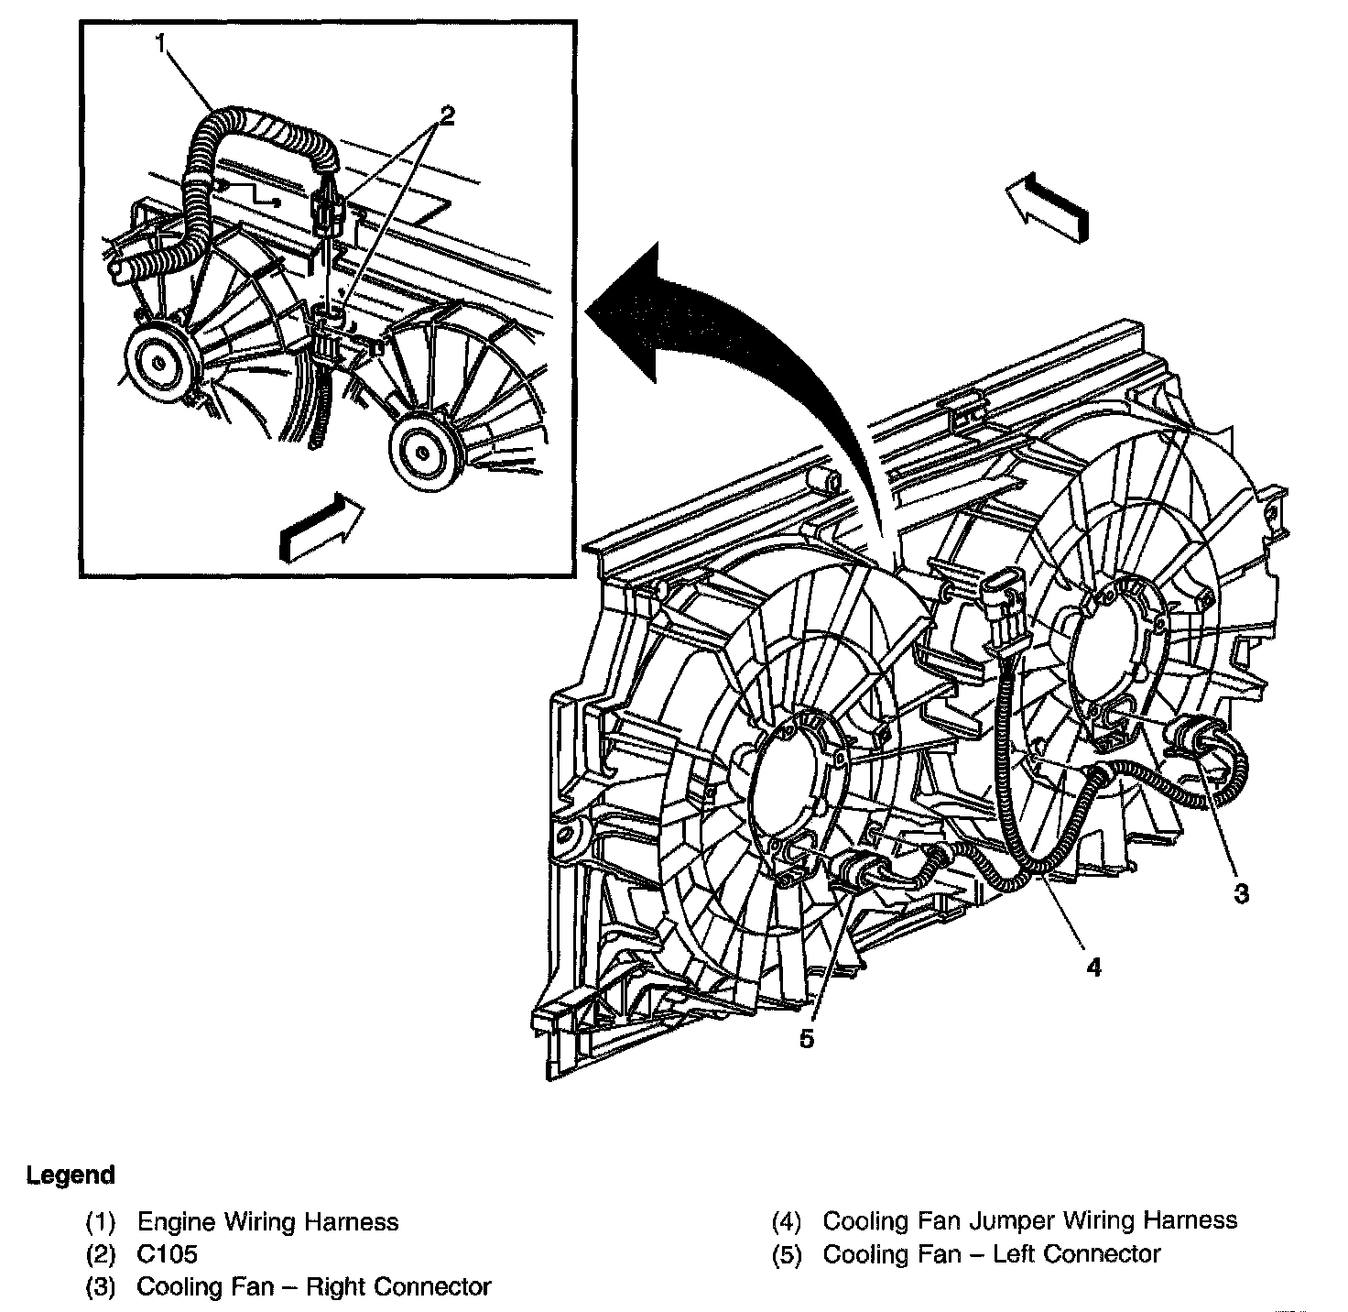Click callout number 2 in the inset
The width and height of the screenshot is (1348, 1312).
446,115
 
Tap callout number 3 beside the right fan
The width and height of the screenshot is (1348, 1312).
1241,892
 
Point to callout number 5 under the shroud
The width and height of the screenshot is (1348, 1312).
806,1039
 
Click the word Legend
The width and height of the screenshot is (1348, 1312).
71,1175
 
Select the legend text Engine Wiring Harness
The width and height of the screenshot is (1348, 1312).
267,1221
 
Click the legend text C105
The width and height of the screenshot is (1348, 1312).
167,1253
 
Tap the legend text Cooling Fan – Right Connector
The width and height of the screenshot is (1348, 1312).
313,1286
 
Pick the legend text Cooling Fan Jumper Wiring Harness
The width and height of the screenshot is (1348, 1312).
1030,1220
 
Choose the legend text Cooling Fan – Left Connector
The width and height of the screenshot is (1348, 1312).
992,1253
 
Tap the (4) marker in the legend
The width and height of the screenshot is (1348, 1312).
787,1221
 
